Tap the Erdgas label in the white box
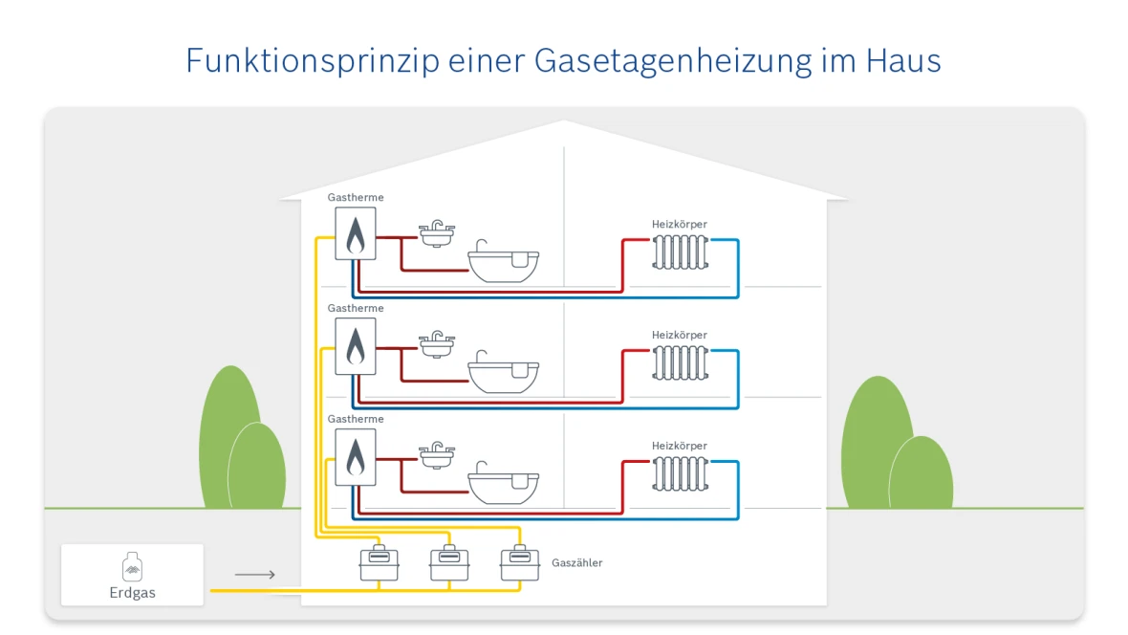click(132, 592)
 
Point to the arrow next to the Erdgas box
click(255, 575)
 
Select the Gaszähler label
click(577, 562)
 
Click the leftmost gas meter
click(379, 562)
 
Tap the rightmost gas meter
click(520, 562)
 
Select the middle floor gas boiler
click(355, 346)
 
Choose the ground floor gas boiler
click(355, 457)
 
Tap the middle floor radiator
click(680, 362)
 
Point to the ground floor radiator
click(680, 473)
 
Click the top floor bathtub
click(504, 265)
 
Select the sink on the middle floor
click(438, 345)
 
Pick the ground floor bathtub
click(504, 487)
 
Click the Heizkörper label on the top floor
click(680, 224)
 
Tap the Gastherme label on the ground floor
click(356, 419)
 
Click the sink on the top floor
click(438, 234)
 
